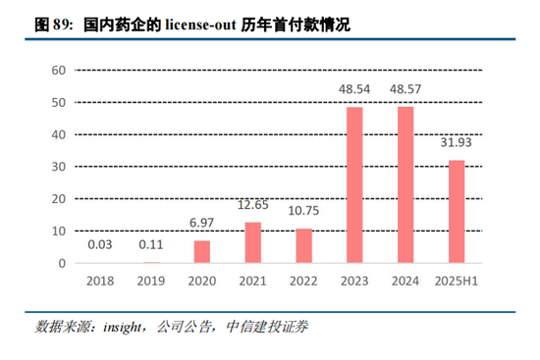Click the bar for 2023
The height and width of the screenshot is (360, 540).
353,185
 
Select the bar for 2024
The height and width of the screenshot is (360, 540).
405,185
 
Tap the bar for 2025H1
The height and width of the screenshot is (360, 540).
456,212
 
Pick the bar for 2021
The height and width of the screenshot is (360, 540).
252,243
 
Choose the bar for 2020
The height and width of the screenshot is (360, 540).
201,252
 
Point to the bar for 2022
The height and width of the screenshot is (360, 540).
303,246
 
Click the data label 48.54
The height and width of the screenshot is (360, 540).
353,88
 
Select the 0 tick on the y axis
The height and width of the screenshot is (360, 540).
61,264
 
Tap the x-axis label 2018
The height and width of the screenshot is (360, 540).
99,283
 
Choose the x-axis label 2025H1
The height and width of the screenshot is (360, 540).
456,283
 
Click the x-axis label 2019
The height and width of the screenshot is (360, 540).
150,283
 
